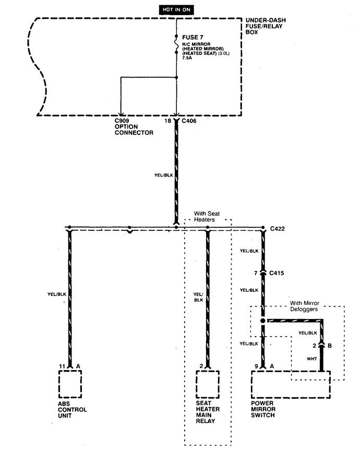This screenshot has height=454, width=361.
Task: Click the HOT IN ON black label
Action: point(176,9)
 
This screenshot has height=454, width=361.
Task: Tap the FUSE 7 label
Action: point(192,38)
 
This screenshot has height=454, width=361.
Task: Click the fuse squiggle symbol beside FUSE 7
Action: point(176,45)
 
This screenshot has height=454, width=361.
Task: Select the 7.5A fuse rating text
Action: point(187,58)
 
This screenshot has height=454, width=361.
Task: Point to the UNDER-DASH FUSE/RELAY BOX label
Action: point(266,26)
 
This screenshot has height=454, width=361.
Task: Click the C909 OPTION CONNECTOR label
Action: point(134,127)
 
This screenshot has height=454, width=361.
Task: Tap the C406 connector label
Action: point(189,121)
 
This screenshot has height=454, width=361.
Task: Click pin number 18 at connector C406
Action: point(168,121)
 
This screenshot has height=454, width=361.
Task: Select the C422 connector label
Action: point(277,229)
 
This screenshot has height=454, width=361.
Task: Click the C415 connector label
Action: point(276,273)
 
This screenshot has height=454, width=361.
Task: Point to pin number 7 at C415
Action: point(256,273)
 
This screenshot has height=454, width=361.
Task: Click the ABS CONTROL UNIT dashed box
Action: point(70,384)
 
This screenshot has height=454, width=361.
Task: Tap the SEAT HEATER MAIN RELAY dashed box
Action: point(208,384)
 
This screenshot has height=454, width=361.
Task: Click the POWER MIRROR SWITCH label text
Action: point(263,409)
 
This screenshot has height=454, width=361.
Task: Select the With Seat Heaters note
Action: point(207,217)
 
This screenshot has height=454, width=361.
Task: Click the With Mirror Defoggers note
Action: point(304,306)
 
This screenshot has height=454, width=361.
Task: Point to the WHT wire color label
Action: point(312,359)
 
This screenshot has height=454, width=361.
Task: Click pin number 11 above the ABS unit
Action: point(62,366)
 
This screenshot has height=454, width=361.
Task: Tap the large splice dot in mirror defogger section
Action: point(263,321)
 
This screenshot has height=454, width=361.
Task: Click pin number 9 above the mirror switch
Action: point(256,366)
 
